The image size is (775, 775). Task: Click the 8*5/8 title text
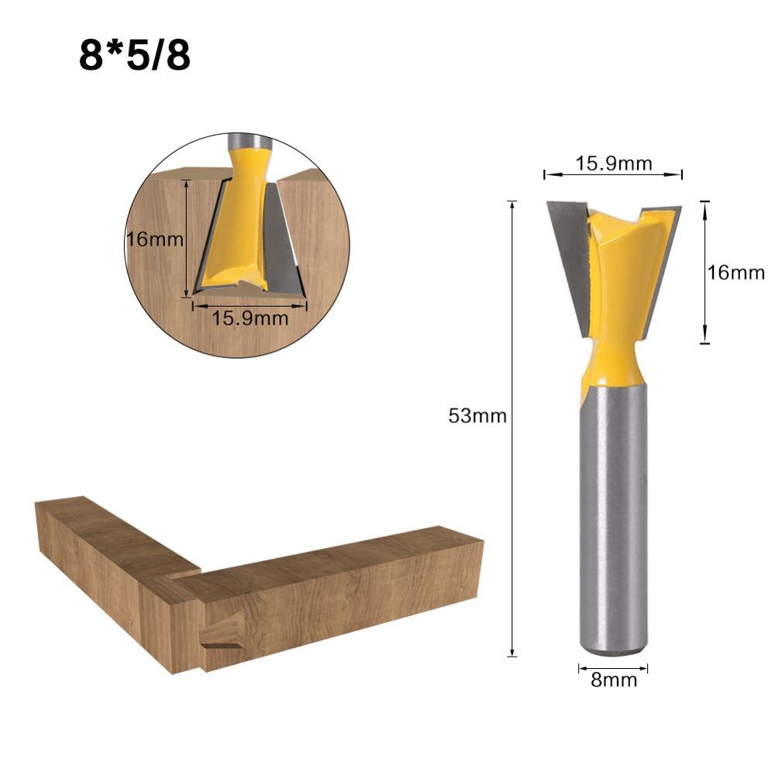134,57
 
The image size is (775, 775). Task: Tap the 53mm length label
477,416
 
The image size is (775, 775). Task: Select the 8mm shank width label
614,680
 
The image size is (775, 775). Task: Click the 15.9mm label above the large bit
614,164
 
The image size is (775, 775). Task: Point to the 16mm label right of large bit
735,273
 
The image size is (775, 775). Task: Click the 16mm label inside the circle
155,239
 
